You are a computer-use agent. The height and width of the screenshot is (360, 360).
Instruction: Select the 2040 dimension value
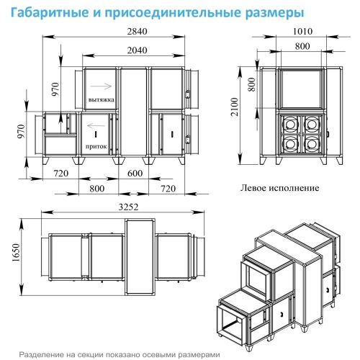click(x=117, y=50)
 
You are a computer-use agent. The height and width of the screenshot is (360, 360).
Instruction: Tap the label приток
click(x=96, y=145)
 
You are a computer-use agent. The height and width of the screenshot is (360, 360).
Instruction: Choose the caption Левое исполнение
click(x=278, y=187)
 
